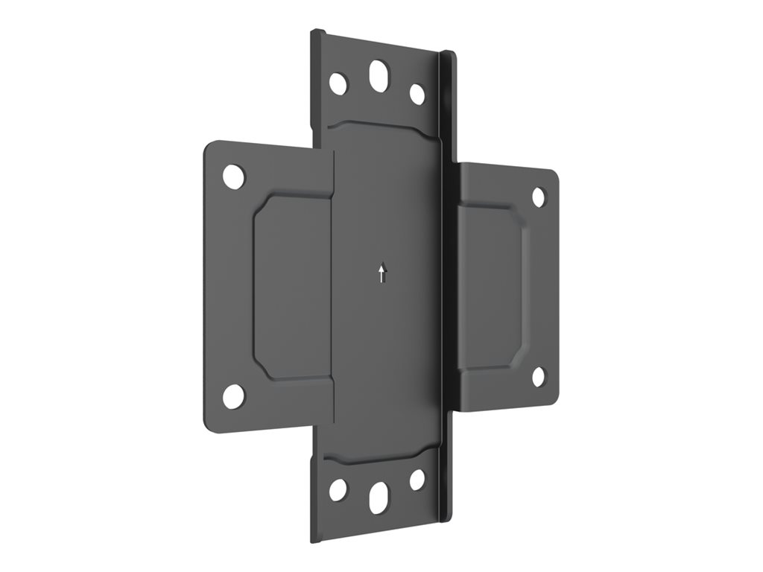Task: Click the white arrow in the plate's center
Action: [x=382, y=273]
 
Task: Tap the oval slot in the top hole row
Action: [x=379, y=76]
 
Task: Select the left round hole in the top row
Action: [x=338, y=83]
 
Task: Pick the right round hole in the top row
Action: [x=417, y=94]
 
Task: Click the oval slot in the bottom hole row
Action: [x=379, y=497]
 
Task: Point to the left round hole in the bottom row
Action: [x=338, y=489]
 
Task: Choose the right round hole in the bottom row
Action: [x=417, y=480]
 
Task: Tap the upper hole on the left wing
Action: [x=233, y=177]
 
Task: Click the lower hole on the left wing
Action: [x=233, y=396]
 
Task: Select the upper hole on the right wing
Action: [x=538, y=197]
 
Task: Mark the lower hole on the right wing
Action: [x=538, y=377]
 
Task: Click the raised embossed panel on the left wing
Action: [x=291, y=287]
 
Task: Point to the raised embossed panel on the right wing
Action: [x=492, y=287]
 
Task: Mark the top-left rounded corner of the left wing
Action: [x=209, y=147]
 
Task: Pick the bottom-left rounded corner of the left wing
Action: [x=209, y=426]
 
